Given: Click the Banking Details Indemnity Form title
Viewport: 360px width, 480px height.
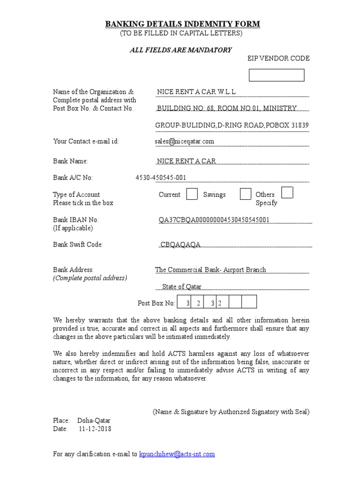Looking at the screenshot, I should click(182, 24).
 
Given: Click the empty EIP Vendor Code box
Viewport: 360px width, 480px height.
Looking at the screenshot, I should click(276, 75).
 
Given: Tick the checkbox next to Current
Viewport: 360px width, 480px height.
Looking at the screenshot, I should click(192, 194).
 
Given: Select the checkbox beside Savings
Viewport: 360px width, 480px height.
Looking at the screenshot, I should click(245, 194).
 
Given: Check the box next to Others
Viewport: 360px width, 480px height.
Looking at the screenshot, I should click(287, 192).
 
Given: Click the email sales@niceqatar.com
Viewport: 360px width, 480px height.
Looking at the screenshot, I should click(184, 141).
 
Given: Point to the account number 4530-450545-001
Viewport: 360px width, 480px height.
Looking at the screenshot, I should click(160, 178).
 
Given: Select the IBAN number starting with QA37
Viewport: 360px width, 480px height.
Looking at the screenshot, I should click(214, 220).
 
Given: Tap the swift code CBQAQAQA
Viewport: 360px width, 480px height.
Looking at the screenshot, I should click(180, 245).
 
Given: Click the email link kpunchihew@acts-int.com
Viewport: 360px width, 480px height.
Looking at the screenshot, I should click(177, 454).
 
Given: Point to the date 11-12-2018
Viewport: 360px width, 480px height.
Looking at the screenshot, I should click(95, 428).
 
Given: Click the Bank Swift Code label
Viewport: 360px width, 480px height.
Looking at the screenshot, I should click(78, 245).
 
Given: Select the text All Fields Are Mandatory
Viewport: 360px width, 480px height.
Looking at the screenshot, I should click(180, 50).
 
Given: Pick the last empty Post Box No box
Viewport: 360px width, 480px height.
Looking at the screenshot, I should click(250, 302).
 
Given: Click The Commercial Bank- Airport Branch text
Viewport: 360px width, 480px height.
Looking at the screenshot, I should click(210, 270).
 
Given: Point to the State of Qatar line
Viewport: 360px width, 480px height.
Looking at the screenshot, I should click(182, 286).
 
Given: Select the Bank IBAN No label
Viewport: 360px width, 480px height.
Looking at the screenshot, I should click(76, 220).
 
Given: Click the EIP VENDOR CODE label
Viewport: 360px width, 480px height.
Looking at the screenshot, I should click(278, 59).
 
